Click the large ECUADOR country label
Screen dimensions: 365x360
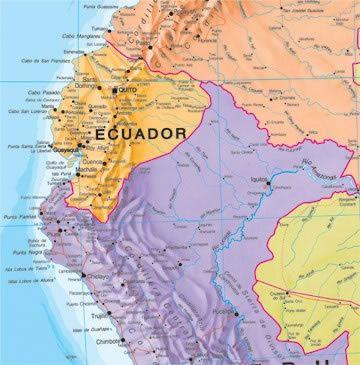[x=140, y=132]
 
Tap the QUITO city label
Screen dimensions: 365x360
[x=126, y=90]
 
